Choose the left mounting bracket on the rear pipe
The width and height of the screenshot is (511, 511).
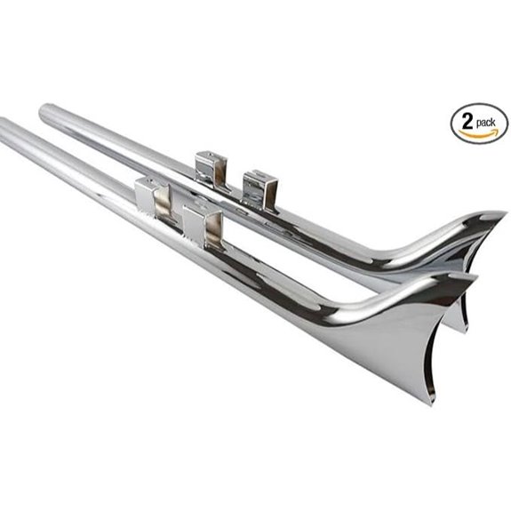[x=211, y=169]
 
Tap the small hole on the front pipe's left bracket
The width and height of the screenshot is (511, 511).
[x=141, y=188]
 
